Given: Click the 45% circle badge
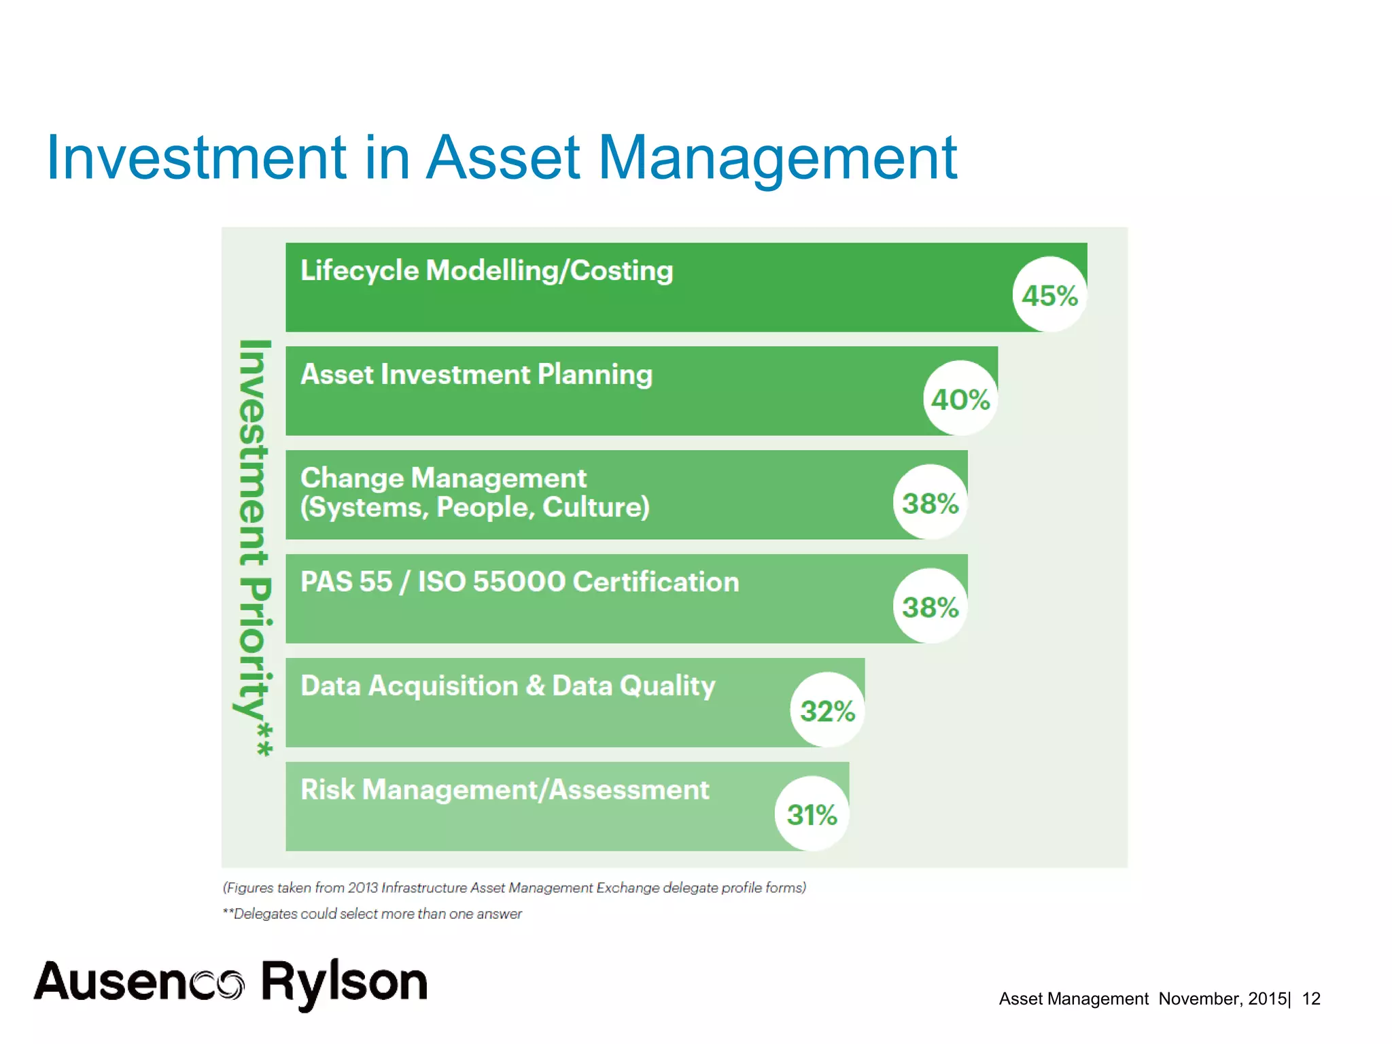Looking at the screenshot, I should pyautogui.click(x=1049, y=294).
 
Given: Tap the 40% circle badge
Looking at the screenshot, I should pyautogui.click(x=960, y=398).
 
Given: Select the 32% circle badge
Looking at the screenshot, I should pyautogui.click(x=827, y=710).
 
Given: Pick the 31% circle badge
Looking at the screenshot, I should pyautogui.click(x=812, y=814).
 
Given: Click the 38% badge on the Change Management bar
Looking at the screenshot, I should pyautogui.click(x=930, y=502).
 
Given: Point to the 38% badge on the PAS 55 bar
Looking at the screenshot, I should pyautogui.click(x=930, y=606).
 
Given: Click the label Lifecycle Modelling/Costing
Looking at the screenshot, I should pyautogui.click(x=487, y=271).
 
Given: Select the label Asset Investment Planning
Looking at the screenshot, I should pyautogui.click(x=476, y=375).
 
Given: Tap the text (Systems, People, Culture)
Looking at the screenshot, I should pyautogui.click(x=475, y=508).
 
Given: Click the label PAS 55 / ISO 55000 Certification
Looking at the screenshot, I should pyautogui.click(x=519, y=582).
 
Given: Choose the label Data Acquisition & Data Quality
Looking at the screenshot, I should pyautogui.click(x=508, y=686).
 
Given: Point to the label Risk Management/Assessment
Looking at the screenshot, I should pyautogui.click(x=504, y=790).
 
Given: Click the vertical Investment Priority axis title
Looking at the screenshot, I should pyautogui.click(x=255, y=548).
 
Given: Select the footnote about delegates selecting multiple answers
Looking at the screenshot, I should pyautogui.click(x=372, y=914).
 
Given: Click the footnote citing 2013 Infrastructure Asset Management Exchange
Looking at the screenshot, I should pyautogui.click(x=515, y=888).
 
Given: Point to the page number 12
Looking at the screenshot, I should pyautogui.click(x=1310, y=998).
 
